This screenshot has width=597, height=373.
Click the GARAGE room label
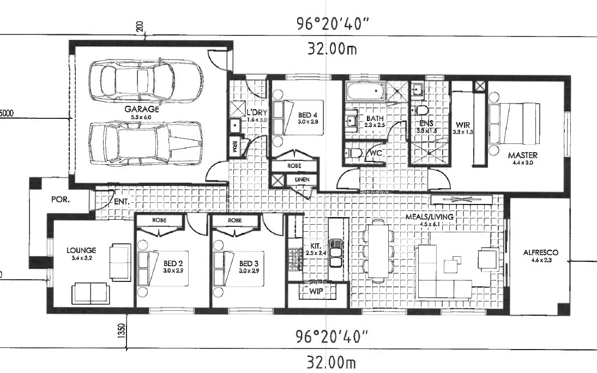click(141, 109)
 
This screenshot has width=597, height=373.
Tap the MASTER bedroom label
click(522, 155)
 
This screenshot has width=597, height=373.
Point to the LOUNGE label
click(81, 251)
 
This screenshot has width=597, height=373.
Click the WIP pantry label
click(316, 291)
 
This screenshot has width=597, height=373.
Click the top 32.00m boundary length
click(331, 49)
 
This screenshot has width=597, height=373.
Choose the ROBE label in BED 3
click(234, 221)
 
